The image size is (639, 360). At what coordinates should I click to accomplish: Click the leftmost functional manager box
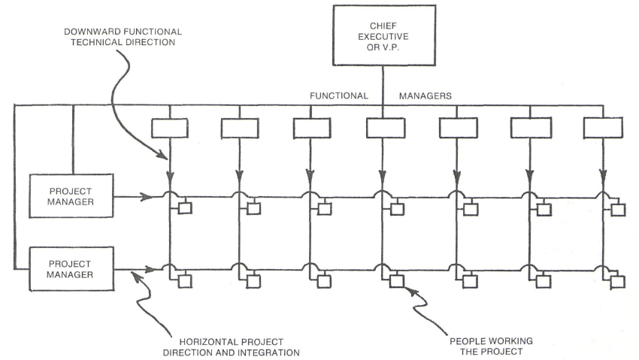click(x=170, y=128)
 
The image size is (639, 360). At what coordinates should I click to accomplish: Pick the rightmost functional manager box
click(x=604, y=128)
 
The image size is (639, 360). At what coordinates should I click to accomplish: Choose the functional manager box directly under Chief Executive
click(x=385, y=128)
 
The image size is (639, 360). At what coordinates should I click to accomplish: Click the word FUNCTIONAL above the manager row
click(x=339, y=96)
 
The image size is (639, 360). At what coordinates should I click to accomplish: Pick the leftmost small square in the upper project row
click(x=184, y=209)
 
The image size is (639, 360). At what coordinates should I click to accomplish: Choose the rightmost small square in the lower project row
click(x=618, y=282)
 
